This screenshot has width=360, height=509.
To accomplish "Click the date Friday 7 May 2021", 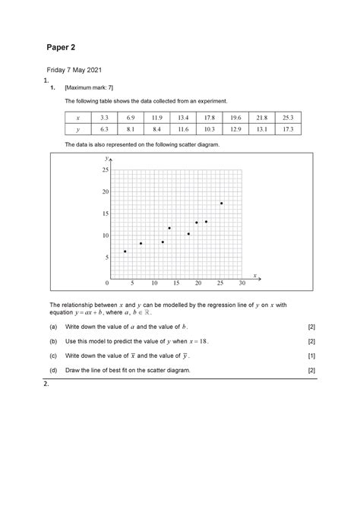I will click(x=74, y=70).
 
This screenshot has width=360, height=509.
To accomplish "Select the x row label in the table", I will click(x=77, y=118).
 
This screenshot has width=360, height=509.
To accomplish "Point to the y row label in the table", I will click(x=77, y=130).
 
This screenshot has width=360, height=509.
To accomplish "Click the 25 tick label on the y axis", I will click(x=105, y=169).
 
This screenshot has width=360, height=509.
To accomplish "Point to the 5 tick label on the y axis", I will click(x=107, y=258).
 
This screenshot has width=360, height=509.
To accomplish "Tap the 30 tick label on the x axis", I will click(x=242, y=283).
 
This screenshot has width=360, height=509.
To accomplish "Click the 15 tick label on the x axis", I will click(x=176, y=283).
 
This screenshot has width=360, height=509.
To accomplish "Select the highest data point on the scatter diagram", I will click(x=222, y=203).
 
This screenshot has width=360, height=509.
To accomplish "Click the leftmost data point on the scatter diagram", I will click(x=125, y=251).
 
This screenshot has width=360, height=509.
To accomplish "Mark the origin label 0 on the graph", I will click(x=107, y=283).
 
